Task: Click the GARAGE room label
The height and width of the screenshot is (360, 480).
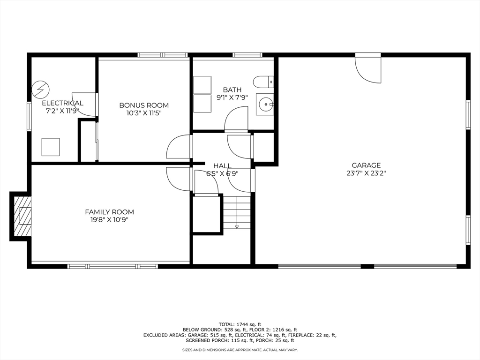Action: click(366, 165)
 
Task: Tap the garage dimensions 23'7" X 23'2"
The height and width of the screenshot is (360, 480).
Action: click(366, 173)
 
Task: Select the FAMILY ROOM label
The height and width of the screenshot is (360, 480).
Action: click(109, 212)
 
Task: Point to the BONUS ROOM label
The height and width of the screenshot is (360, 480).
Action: click(144, 105)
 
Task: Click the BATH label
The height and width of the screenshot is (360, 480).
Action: click(232, 90)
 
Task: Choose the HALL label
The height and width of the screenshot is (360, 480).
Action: click(222, 165)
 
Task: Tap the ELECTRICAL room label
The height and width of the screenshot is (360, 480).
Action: click(63, 103)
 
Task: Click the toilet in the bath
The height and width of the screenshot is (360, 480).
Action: click(263, 82)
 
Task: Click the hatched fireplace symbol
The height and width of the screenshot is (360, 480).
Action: click(22, 216)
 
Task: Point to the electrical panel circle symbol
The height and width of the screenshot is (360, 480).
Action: click(40, 89)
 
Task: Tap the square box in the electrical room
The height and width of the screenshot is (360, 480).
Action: click(51, 147)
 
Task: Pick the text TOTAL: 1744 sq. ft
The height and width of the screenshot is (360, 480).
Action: click(240, 324)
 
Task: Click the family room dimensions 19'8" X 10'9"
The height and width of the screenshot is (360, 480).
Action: click(109, 220)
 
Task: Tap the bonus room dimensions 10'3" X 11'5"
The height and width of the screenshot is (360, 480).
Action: click(144, 113)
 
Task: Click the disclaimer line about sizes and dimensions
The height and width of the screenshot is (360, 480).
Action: click(240, 350)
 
